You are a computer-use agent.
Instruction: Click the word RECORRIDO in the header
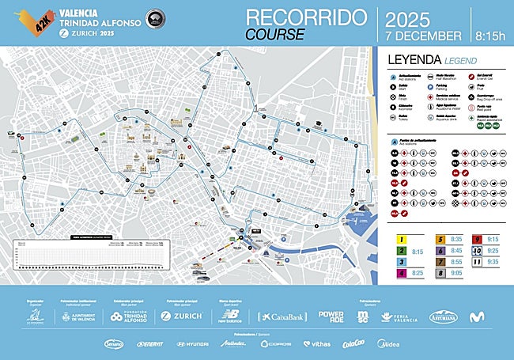[306, 18]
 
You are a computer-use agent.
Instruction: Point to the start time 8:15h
[490, 36]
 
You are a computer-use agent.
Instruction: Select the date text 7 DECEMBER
[422, 36]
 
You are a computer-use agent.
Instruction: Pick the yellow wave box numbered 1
[403, 238]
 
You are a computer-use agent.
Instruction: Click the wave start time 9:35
[493, 261]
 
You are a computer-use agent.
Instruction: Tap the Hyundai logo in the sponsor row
[193, 343]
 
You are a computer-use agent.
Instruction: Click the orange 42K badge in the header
[41, 21]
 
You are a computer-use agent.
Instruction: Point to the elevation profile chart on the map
[95, 252]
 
